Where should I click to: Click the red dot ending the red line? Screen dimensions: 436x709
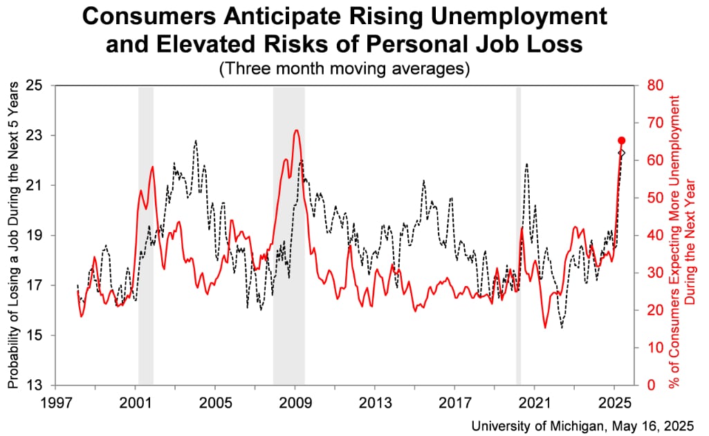coord(621,140)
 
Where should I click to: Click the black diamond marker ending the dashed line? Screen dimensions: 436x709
coord(621,153)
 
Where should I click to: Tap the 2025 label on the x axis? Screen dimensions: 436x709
coord(616,401)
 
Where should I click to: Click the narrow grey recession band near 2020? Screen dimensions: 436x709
coord(518,235)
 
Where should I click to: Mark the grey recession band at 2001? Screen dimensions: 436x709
coord(145,235)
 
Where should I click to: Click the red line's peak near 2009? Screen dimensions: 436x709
coord(296,130)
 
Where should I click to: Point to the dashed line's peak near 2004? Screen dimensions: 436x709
coord(196,140)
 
